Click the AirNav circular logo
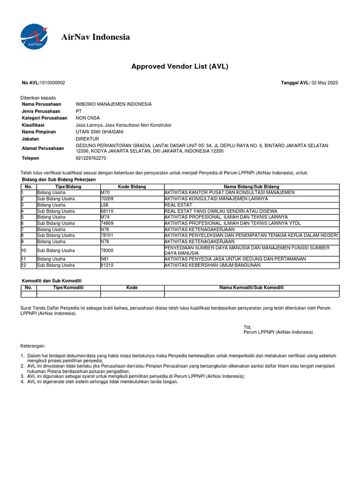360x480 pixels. pos(34,37)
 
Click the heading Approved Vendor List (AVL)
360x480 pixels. pos(180,66)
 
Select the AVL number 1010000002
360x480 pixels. pos(52,83)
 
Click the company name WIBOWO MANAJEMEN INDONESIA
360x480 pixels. pos(113,104)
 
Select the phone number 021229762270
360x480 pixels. pos(90,158)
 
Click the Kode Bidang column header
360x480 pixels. pos(132,187)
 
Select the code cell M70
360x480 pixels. pos(105,193)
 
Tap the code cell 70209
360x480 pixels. pos(107,199)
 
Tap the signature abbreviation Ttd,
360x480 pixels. pos(247,327)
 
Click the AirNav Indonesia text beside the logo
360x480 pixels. pos(96,37)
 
